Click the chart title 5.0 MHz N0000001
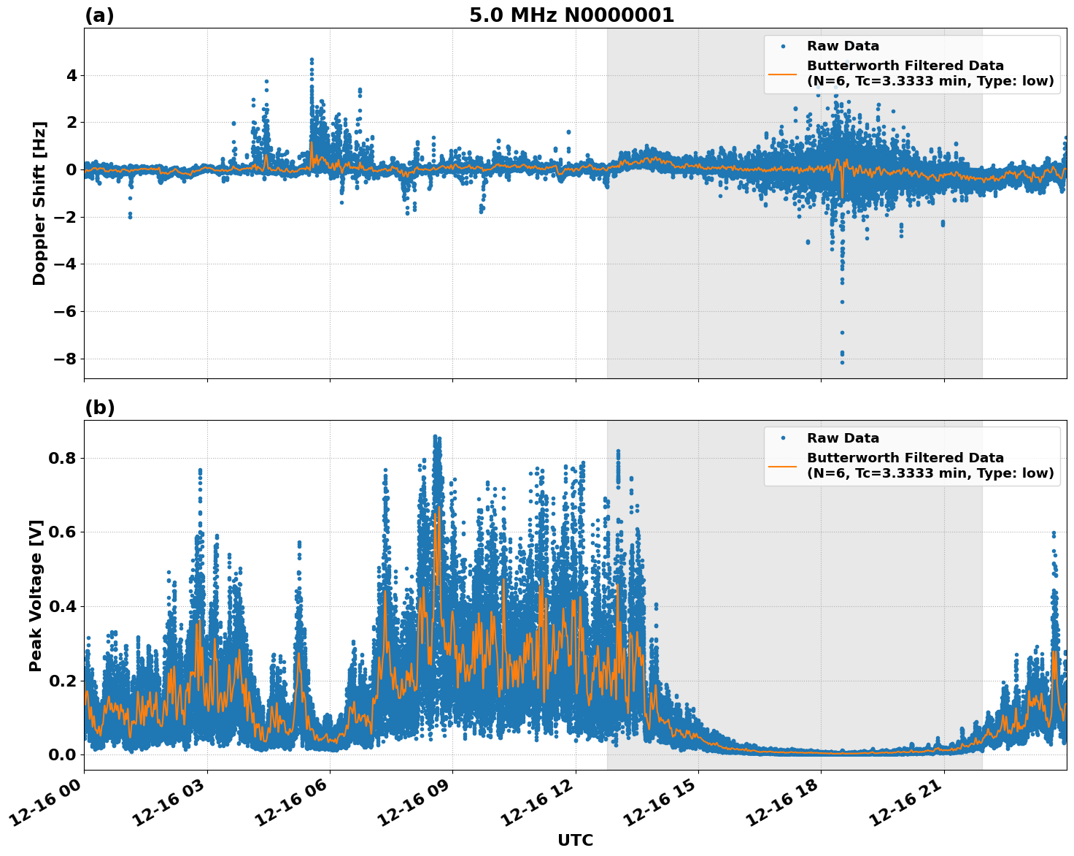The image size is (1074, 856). coord(571,15)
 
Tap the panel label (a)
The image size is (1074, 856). coord(99,15)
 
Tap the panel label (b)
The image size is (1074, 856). coord(99,408)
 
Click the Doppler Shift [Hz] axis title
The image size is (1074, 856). coord(39,203)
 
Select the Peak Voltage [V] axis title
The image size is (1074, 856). coord(36,595)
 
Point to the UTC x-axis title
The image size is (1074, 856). coord(575,840)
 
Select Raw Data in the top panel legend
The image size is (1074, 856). coord(843,46)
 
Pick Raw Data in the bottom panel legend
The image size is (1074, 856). coord(843,438)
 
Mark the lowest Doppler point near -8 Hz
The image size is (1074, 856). coord(842,362)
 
